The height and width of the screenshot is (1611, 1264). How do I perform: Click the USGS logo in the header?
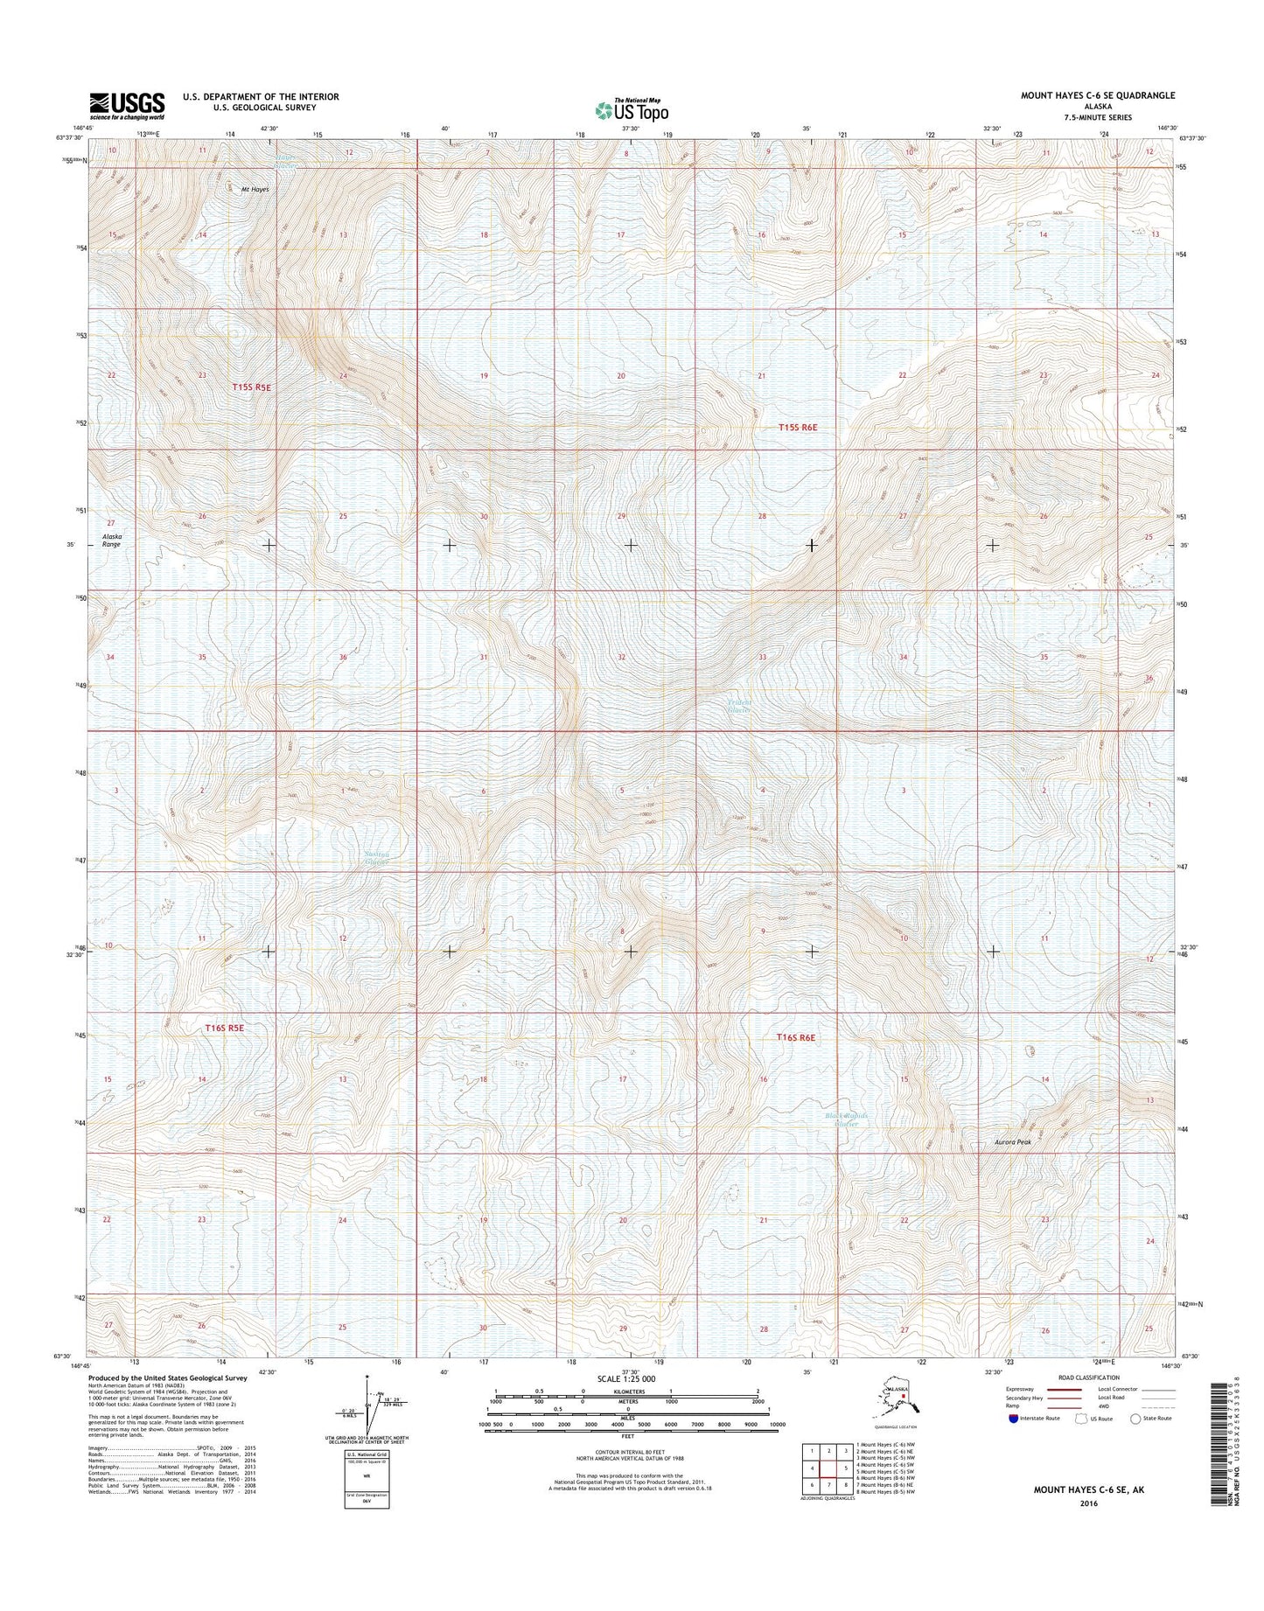(x=126, y=105)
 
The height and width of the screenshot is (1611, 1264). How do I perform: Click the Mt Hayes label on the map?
(x=255, y=190)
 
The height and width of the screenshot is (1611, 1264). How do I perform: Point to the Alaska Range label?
(x=112, y=540)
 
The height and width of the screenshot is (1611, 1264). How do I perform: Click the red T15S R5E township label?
(x=252, y=387)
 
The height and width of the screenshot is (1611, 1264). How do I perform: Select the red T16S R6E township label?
(x=796, y=1037)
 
